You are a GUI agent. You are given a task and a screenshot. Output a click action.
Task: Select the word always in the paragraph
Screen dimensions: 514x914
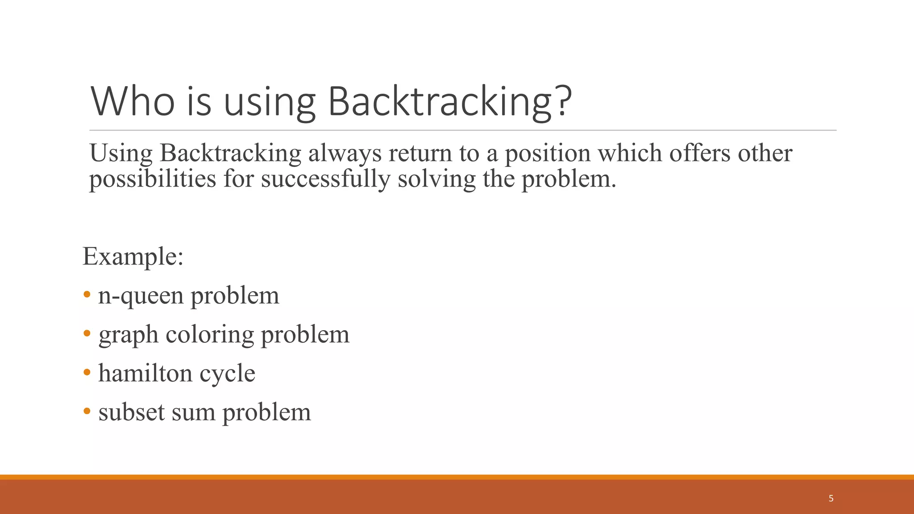point(345,153)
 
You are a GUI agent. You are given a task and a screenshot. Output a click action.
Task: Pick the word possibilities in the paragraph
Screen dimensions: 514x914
point(153,179)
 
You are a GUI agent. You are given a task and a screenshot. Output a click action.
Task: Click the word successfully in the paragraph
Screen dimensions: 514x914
point(325,179)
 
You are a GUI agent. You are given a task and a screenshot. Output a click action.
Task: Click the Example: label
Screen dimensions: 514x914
point(133,257)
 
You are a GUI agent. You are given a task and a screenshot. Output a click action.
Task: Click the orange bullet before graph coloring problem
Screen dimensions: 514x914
point(87,333)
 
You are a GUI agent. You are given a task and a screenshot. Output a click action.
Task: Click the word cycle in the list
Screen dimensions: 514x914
point(227,374)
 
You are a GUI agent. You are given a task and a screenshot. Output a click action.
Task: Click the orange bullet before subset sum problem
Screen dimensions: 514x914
point(87,411)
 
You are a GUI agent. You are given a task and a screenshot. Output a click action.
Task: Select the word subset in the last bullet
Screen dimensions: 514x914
point(132,412)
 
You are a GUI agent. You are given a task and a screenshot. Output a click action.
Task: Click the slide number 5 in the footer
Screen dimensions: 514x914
point(831,498)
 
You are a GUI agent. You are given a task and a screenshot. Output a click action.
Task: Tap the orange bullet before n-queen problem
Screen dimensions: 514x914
point(87,294)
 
